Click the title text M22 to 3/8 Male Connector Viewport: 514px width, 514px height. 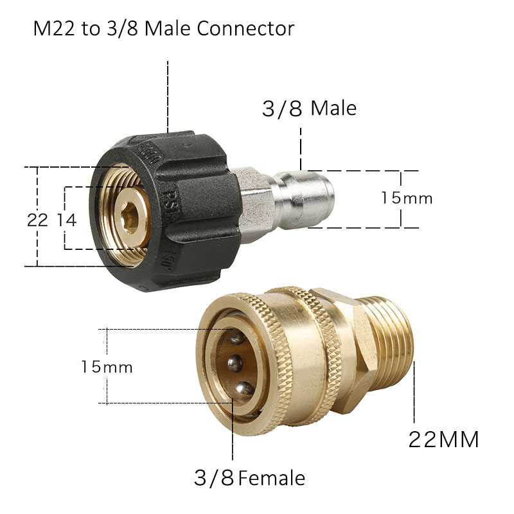pos(164,29)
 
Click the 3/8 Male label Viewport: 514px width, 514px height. pos(309,108)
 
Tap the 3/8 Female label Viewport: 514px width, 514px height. pos(249,478)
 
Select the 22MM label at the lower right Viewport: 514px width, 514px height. pos(444,440)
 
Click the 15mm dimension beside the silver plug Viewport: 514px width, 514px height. pos(406,198)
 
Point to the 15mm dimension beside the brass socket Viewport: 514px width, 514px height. pos(107,367)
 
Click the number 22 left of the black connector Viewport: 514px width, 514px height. pos(37,220)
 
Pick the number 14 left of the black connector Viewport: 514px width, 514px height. pos(66,220)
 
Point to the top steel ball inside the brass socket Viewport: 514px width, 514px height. pos(236,339)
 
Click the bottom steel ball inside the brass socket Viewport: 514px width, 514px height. pos(244,387)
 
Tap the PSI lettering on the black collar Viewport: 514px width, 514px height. pos(172,196)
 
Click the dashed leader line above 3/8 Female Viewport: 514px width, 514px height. pos(232,437)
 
